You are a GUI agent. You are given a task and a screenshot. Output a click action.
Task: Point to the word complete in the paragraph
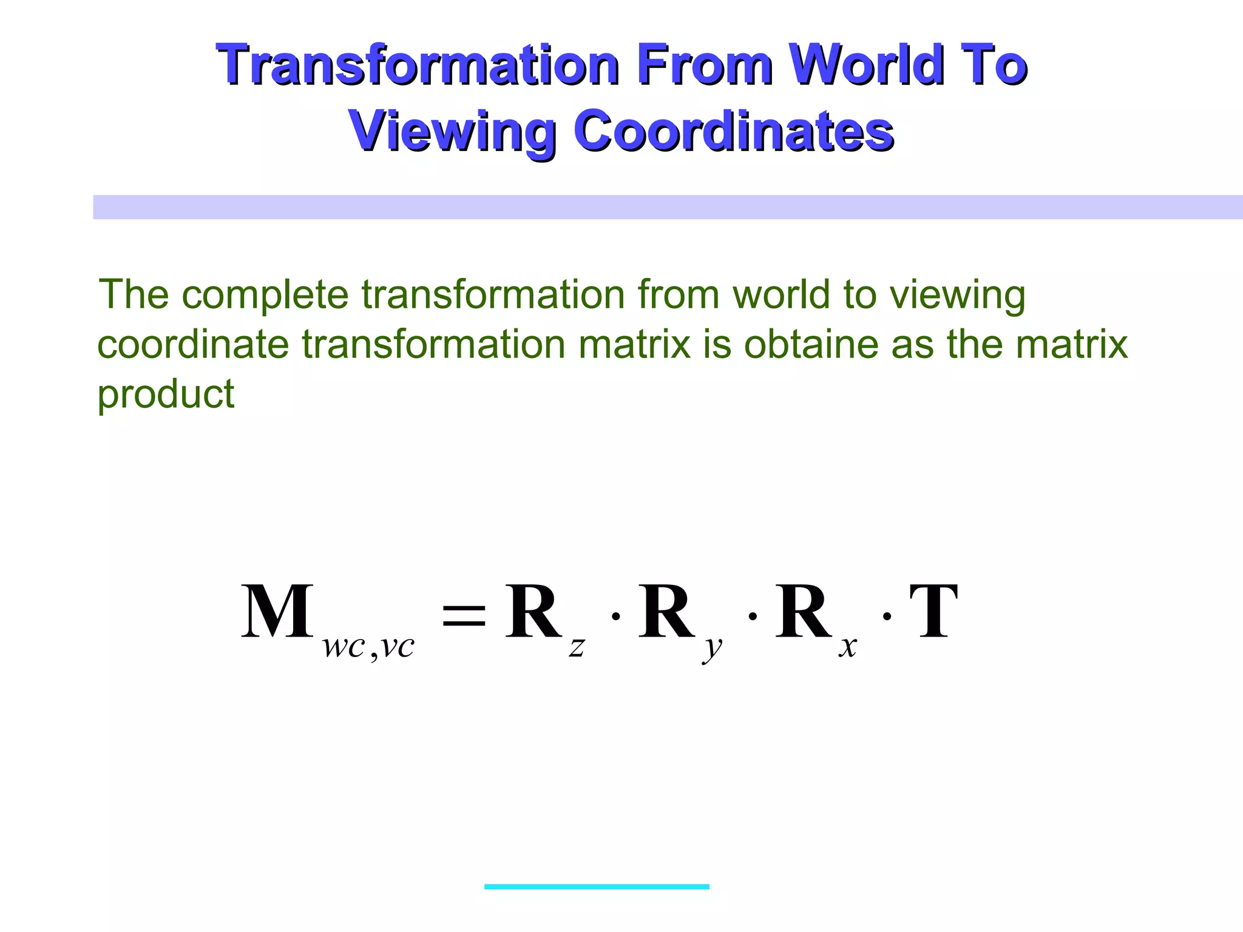click(x=265, y=295)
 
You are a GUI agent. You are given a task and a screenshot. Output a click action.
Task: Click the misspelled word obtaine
click(x=811, y=345)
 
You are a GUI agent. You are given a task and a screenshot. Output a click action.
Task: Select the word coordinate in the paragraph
click(x=193, y=345)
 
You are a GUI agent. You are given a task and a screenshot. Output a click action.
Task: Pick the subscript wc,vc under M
click(x=368, y=647)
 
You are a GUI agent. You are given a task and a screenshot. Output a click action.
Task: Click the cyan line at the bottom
click(x=597, y=886)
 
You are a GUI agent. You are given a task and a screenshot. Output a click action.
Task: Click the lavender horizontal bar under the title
click(x=668, y=207)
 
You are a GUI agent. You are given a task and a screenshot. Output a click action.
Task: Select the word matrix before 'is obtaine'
click(x=634, y=345)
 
